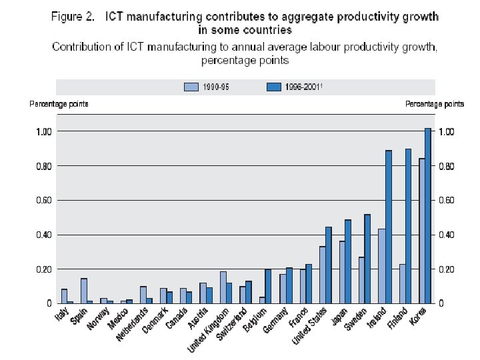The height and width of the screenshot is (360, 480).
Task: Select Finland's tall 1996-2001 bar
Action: (x=408, y=226)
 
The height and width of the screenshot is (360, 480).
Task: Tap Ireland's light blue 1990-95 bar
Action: (x=381, y=266)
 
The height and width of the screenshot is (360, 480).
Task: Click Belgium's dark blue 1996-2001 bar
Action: (x=268, y=286)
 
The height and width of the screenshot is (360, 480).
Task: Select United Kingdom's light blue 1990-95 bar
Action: (x=223, y=287)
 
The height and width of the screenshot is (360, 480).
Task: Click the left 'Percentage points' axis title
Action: (x=59, y=104)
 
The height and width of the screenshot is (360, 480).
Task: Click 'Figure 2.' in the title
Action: (x=73, y=16)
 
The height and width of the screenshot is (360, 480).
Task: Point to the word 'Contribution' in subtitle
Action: (x=84, y=47)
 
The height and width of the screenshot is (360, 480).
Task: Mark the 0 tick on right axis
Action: (x=441, y=303)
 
